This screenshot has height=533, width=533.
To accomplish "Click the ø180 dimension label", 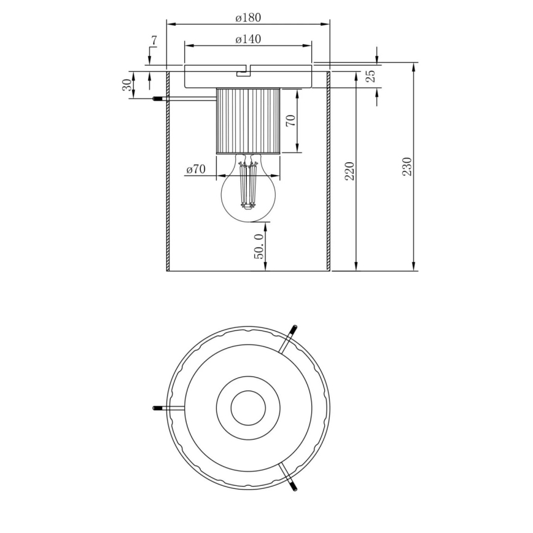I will click(248, 18).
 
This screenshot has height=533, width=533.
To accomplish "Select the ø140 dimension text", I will click(248, 39).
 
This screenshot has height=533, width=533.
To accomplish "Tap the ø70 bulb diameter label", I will click(195, 169).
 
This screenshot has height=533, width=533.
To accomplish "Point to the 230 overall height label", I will click(407, 166).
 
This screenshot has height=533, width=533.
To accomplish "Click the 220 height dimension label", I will click(349, 171).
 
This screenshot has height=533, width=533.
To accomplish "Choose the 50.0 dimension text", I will click(260, 246).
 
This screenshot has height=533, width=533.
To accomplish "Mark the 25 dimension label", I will click(370, 77).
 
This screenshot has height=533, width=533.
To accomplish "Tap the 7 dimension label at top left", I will click(154, 41).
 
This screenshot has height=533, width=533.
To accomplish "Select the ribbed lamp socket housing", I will click(248, 120).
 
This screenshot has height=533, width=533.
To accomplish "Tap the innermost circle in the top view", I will click(248, 407).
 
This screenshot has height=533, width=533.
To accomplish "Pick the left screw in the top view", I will click(158, 408).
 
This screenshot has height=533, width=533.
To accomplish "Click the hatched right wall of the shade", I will click(329, 172).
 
